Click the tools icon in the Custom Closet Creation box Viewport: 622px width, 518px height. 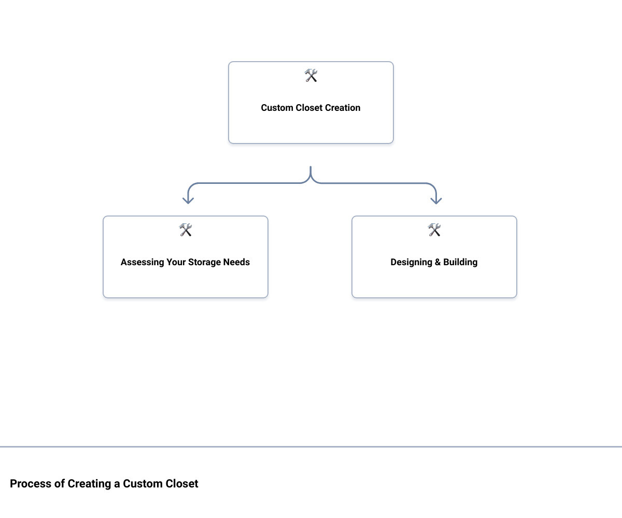pyautogui.click(x=311, y=76)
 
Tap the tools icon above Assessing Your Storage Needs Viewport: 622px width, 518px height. pyautogui.click(x=186, y=230)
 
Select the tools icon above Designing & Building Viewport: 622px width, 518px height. pyautogui.click(x=434, y=230)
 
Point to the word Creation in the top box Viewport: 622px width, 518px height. pyautogui.click(x=342, y=108)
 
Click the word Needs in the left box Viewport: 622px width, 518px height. pyautogui.click(x=236, y=262)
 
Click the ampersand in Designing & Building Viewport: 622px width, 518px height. pyautogui.click(x=437, y=262)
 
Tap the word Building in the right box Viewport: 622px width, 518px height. pyautogui.click(x=460, y=262)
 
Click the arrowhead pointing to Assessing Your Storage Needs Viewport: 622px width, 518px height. pyautogui.click(x=188, y=200)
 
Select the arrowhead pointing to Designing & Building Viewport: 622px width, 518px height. pyautogui.click(x=436, y=200)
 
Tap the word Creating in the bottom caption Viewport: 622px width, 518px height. pyautogui.click(x=90, y=484)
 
